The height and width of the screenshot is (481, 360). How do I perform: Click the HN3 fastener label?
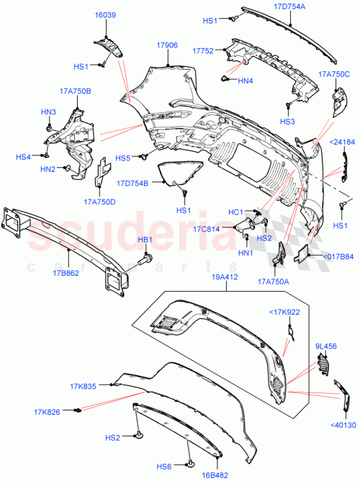[x=48, y=112]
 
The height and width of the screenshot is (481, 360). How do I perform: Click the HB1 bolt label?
[x=145, y=239]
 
